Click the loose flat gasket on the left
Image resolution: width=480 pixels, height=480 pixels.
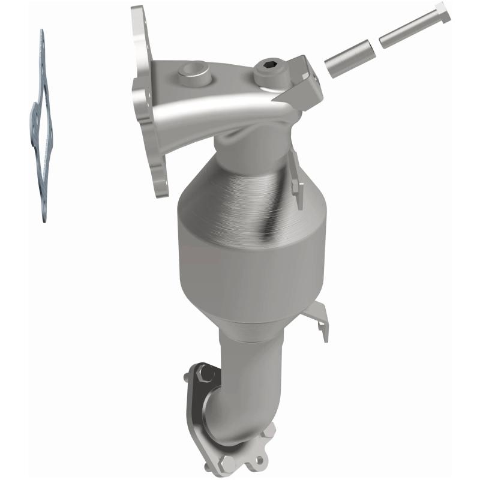pyautogui.click(x=43, y=126)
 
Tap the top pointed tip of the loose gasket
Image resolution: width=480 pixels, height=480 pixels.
pyautogui.click(x=41, y=33)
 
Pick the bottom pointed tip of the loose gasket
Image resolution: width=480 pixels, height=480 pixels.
pyautogui.click(x=43, y=219)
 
